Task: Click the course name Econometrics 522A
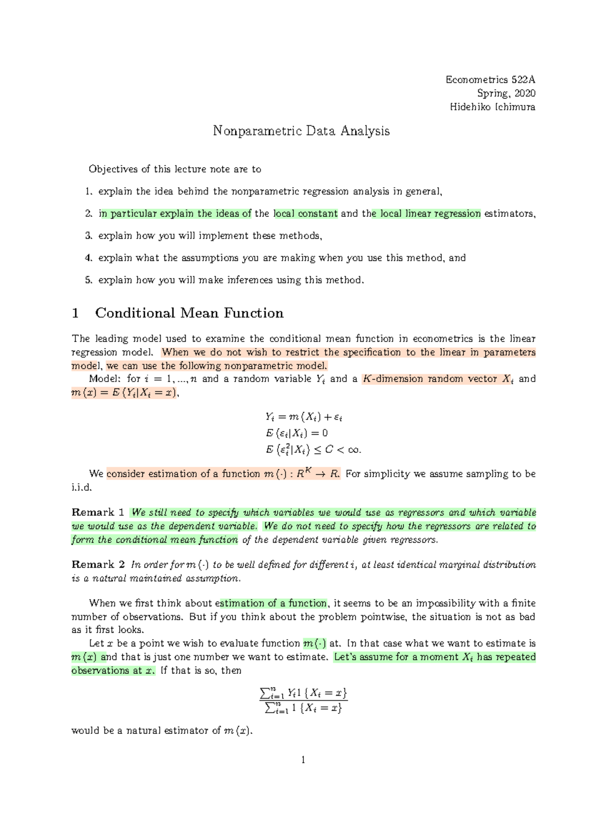[490, 80]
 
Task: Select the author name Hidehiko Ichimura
[492, 107]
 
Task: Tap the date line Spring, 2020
[506, 93]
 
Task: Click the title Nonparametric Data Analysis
[301, 131]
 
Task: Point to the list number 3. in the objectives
[89, 236]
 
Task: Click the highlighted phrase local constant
[305, 213]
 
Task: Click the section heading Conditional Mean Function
[189, 313]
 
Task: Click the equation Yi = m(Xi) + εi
[303, 417]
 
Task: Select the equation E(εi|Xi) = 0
[297, 433]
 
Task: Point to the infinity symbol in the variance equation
[354, 450]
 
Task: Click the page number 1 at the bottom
[303, 760]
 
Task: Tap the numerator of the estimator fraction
[303, 693]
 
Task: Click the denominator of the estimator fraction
[303, 708]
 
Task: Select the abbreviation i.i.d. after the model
[82, 488]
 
